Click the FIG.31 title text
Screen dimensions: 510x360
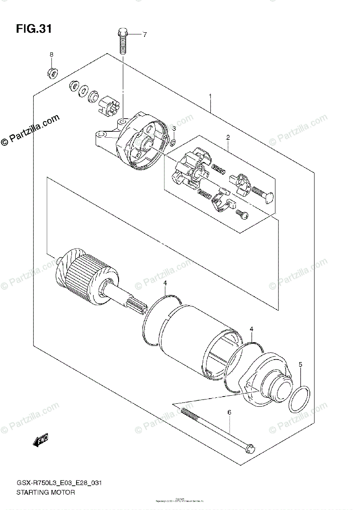(34, 29)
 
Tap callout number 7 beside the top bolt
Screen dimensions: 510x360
(144, 34)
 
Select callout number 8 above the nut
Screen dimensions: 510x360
(51, 54)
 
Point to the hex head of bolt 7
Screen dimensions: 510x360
(122, 32)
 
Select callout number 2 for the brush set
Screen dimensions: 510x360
(228, 137)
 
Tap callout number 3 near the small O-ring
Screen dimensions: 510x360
(174, 129)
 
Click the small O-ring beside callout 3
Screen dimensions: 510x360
(173, 142)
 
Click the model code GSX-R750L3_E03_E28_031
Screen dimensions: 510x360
(59, 483)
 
